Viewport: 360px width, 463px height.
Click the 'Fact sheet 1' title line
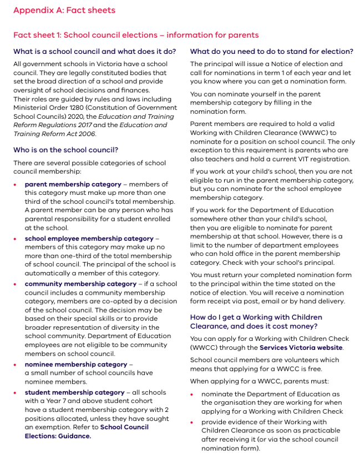[x=136, y=35]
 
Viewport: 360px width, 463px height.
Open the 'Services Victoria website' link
[x=301, y=348]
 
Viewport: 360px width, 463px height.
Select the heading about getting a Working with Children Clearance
[x=256, y=321]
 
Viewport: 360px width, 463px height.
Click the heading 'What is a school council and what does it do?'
[x=94, y=51]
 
